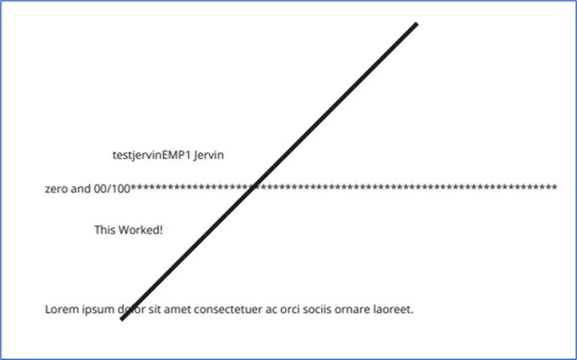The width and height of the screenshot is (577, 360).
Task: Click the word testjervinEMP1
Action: coord(151,155)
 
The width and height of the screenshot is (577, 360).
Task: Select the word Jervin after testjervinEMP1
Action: coord(209,155)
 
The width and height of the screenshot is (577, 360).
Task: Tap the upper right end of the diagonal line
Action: coord(417,24)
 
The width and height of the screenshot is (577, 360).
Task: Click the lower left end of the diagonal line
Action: coord(122,319)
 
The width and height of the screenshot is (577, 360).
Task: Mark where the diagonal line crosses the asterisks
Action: coord(253,188)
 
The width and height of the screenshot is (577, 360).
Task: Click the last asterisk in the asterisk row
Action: coord(555,187)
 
